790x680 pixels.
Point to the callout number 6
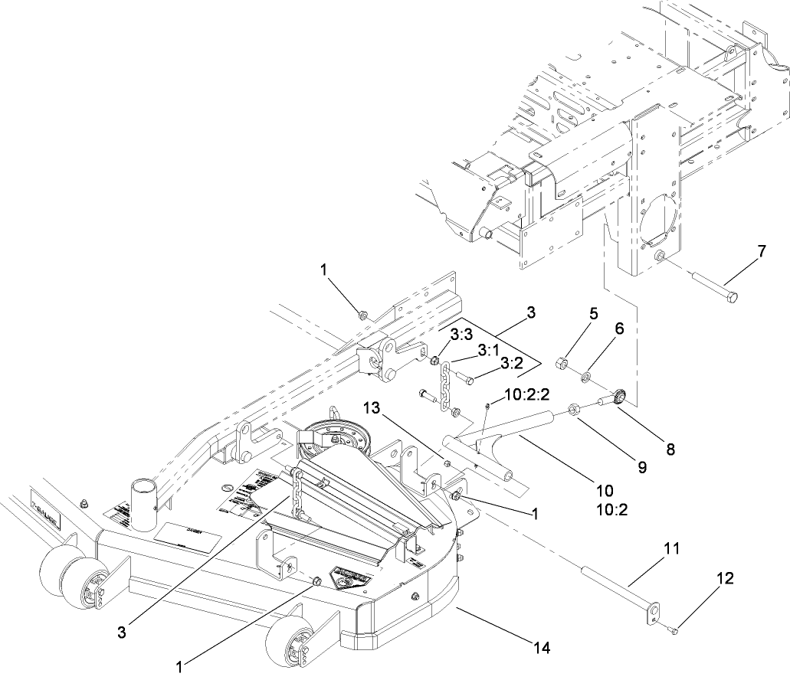(x=619, y=328)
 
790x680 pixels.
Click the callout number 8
(x=670, y=451)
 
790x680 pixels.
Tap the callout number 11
(x=672, y=549)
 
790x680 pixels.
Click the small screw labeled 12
(x=672, y=630)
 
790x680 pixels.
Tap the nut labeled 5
(x=559, y=361)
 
